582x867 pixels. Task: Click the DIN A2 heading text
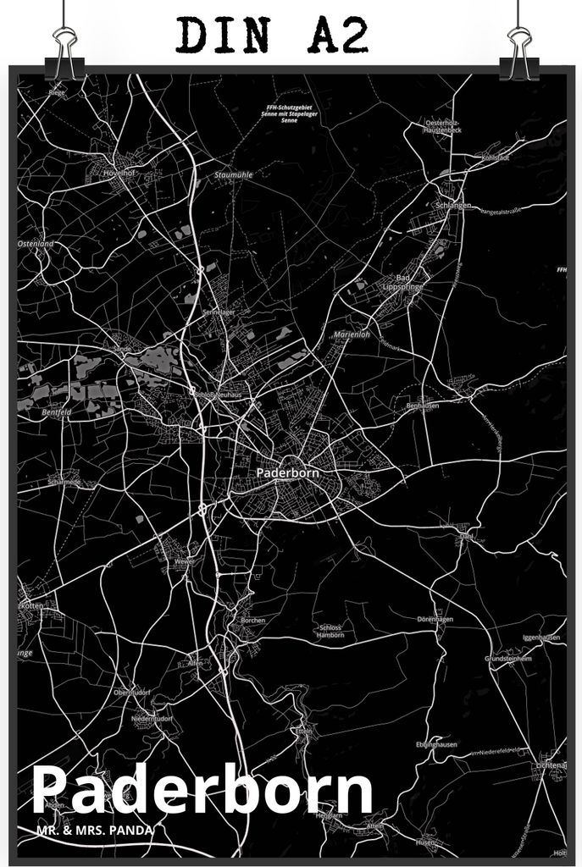click(x=273, y=36)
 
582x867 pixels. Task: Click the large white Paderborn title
click(x=203, y=791)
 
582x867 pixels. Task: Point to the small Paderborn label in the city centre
click(x=287, y=472)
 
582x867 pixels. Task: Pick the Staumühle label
click(x=234, y=174)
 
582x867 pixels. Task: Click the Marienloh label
click(x=352, y=334)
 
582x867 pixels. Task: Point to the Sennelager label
click(x=219, y=312)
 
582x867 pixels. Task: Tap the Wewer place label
click(x=184, y=561)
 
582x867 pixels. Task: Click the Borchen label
click(x=253, y=620)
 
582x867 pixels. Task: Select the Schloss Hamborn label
click(x=330, y=631)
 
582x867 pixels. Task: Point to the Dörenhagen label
click(x=435, y=620)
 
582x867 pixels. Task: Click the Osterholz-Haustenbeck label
click(x=443, y=127)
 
